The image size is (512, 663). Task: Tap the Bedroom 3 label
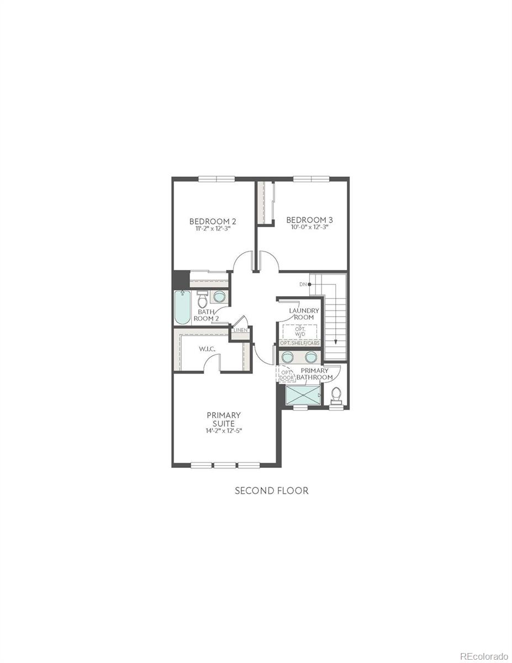pos(309,219)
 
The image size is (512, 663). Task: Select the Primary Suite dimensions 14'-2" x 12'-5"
pos(224,432)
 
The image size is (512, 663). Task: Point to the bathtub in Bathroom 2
pos(182,308)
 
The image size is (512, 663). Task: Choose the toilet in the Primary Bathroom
pos(336,394)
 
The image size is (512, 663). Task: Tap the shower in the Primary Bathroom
pos(303,396)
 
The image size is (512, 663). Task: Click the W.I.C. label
pos(207,349)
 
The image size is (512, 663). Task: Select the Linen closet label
pos(240,330)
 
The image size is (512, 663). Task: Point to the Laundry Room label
pos(304,314)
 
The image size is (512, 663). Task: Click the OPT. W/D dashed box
pos(300,331)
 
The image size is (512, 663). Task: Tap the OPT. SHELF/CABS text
pos(300,343)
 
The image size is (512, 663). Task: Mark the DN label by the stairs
pos(303,284)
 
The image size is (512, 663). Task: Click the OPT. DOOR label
pos(286,375)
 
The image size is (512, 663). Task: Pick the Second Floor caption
pos(272,490)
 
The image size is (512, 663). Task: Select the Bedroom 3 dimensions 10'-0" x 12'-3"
pos(309,227)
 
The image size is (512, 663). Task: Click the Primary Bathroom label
pos(315,373)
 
